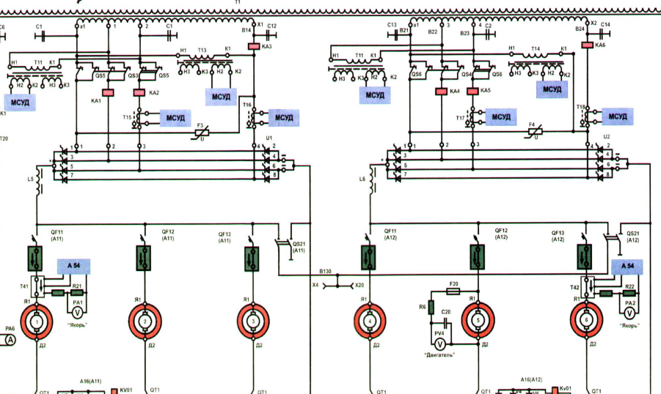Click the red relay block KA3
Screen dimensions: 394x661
[254, 46]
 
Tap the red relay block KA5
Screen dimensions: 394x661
[474, 92]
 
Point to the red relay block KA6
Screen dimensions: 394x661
[588, 45]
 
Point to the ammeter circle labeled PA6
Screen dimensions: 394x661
[10, 340]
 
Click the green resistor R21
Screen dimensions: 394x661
[58, 293]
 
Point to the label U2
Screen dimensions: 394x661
[607, 137]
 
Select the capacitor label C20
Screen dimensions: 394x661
[447, 312]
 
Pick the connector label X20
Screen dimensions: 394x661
[359, 286]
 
